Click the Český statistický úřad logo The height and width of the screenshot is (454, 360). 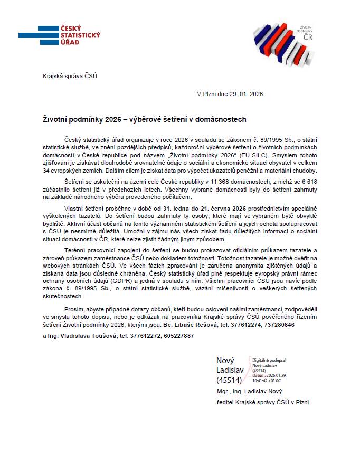(x=59, y=35)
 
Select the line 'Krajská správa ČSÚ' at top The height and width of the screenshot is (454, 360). (x=70, y=76)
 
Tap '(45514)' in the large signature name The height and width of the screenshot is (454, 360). (x=229, y=380)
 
